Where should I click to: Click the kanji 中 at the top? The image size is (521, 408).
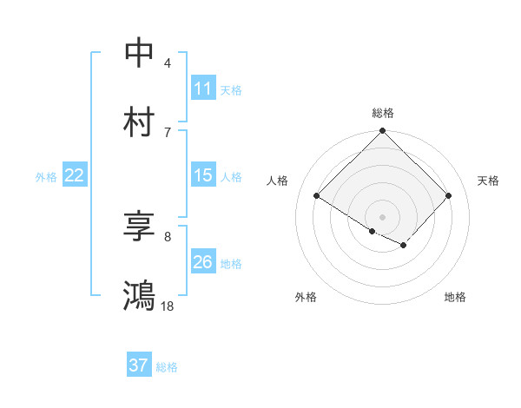click(x=139, y=52)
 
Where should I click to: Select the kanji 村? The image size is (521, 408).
click(x=139, y=122)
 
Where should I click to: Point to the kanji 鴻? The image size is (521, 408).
click(x=139, y=295)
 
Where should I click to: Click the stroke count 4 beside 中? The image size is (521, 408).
click(x=168, y=63)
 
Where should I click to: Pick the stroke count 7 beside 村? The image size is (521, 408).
click(x=168, y=132)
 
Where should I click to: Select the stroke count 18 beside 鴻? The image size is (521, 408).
click(x=168, y=306)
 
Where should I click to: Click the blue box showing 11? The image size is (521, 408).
click(x=202, y=88)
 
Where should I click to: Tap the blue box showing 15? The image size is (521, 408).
click(x=202, y=175)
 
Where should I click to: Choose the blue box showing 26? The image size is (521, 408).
click(x=202, y=262)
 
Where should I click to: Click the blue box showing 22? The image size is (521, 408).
click(x=75, y=175)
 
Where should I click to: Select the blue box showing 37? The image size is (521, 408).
click(x=139, y=365)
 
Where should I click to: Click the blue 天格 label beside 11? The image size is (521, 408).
click(x=231, y=89)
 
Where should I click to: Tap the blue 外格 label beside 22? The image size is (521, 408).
click(x=46, y=177)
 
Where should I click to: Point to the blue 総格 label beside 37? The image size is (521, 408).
click(x=167, y=367)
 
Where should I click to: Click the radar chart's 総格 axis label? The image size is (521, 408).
click(x=383, y=113)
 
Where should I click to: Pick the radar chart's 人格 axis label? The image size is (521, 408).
click(x=278, y=181)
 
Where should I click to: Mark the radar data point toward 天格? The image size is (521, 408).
click(x=449, y=196)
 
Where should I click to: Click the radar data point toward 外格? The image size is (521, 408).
click(x=372, y=231)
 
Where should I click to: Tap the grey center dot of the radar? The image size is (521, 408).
click(x=383, y=216)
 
